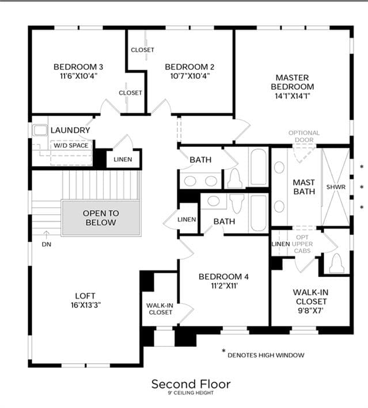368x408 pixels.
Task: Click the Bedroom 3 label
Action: pyautogui.click(x=78, y=67)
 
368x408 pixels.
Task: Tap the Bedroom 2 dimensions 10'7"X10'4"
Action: pyautogui.click(x=190, y=76)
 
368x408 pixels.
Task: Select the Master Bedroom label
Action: pyautogui.click(x=292, y=82)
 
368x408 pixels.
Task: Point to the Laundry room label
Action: pyautogui.click(x=70, y=130)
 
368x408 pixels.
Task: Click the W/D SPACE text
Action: pyautogui.click(x=71, y=146)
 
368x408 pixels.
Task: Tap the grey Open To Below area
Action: pyautogui.click(x=101, y=218)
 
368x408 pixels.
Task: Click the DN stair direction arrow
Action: pyautogui.click(x=46, y=235)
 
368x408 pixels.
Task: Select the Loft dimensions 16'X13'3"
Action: pyautogui.click(x=86, y=305)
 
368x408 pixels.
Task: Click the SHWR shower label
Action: pyautogui.click(x=336, y=187)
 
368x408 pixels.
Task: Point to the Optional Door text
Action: pyautogui.click(x=303, y=136)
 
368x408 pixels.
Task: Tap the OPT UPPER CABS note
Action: pyautogui.click(x=302, y=244)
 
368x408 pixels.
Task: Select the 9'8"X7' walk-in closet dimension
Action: pyautogui.click(x=310, y=310)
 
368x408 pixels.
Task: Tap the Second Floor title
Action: pyautogui.click(x=191, y=384)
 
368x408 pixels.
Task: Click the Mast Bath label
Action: pyautogui.click(x=304, y=187)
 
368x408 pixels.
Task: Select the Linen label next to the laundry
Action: pyautogui.click(x=123, y=159)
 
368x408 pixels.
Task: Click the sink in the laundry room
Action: pyautogui.click(x=40, y=130)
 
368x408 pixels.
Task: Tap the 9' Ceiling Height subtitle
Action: pyautogui.click(x=191, y=393)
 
